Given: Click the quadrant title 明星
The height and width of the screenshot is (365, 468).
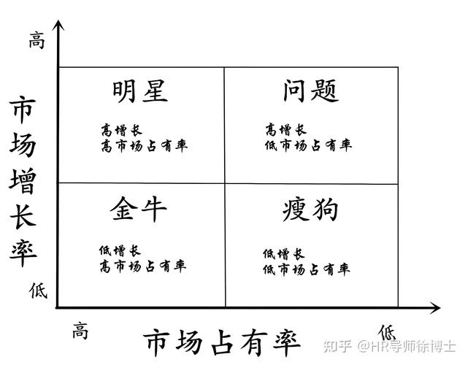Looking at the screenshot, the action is coord(140,91).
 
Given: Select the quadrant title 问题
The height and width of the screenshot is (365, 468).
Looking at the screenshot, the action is coord(310,91).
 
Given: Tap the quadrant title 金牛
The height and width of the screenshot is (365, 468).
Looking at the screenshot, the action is coord(138,209).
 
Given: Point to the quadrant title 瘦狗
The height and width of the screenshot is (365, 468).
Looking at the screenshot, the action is coord(310,210).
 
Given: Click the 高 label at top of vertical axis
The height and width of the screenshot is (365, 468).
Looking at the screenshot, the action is coord(37,40).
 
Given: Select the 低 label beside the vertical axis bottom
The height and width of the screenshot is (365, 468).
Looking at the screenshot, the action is coord(38,291).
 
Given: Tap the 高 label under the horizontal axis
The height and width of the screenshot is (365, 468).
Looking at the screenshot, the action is coord(80,330).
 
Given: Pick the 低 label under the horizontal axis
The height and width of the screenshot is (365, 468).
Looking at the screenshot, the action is coord(387,332).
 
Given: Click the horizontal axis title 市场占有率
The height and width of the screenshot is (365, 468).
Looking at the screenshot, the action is coord(222,343).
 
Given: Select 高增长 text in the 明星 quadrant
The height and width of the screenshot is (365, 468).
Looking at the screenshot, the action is coord(121,131).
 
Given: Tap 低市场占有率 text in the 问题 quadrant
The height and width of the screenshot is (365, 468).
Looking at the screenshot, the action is coord(308,145).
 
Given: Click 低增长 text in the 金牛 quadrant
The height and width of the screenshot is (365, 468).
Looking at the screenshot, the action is coord(120,250).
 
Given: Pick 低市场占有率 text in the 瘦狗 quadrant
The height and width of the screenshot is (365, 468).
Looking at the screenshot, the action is coord(307,269).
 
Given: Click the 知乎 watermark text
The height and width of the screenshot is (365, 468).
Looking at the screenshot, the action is coord(337,346).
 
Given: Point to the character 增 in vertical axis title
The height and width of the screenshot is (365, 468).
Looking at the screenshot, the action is coord(23,181).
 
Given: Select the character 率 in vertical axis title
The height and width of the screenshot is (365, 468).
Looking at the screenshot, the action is coord(23,252).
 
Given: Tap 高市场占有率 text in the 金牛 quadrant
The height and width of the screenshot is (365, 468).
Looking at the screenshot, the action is coord(143,266).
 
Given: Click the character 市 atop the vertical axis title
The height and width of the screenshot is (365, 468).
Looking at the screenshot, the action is coord(23,109).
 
